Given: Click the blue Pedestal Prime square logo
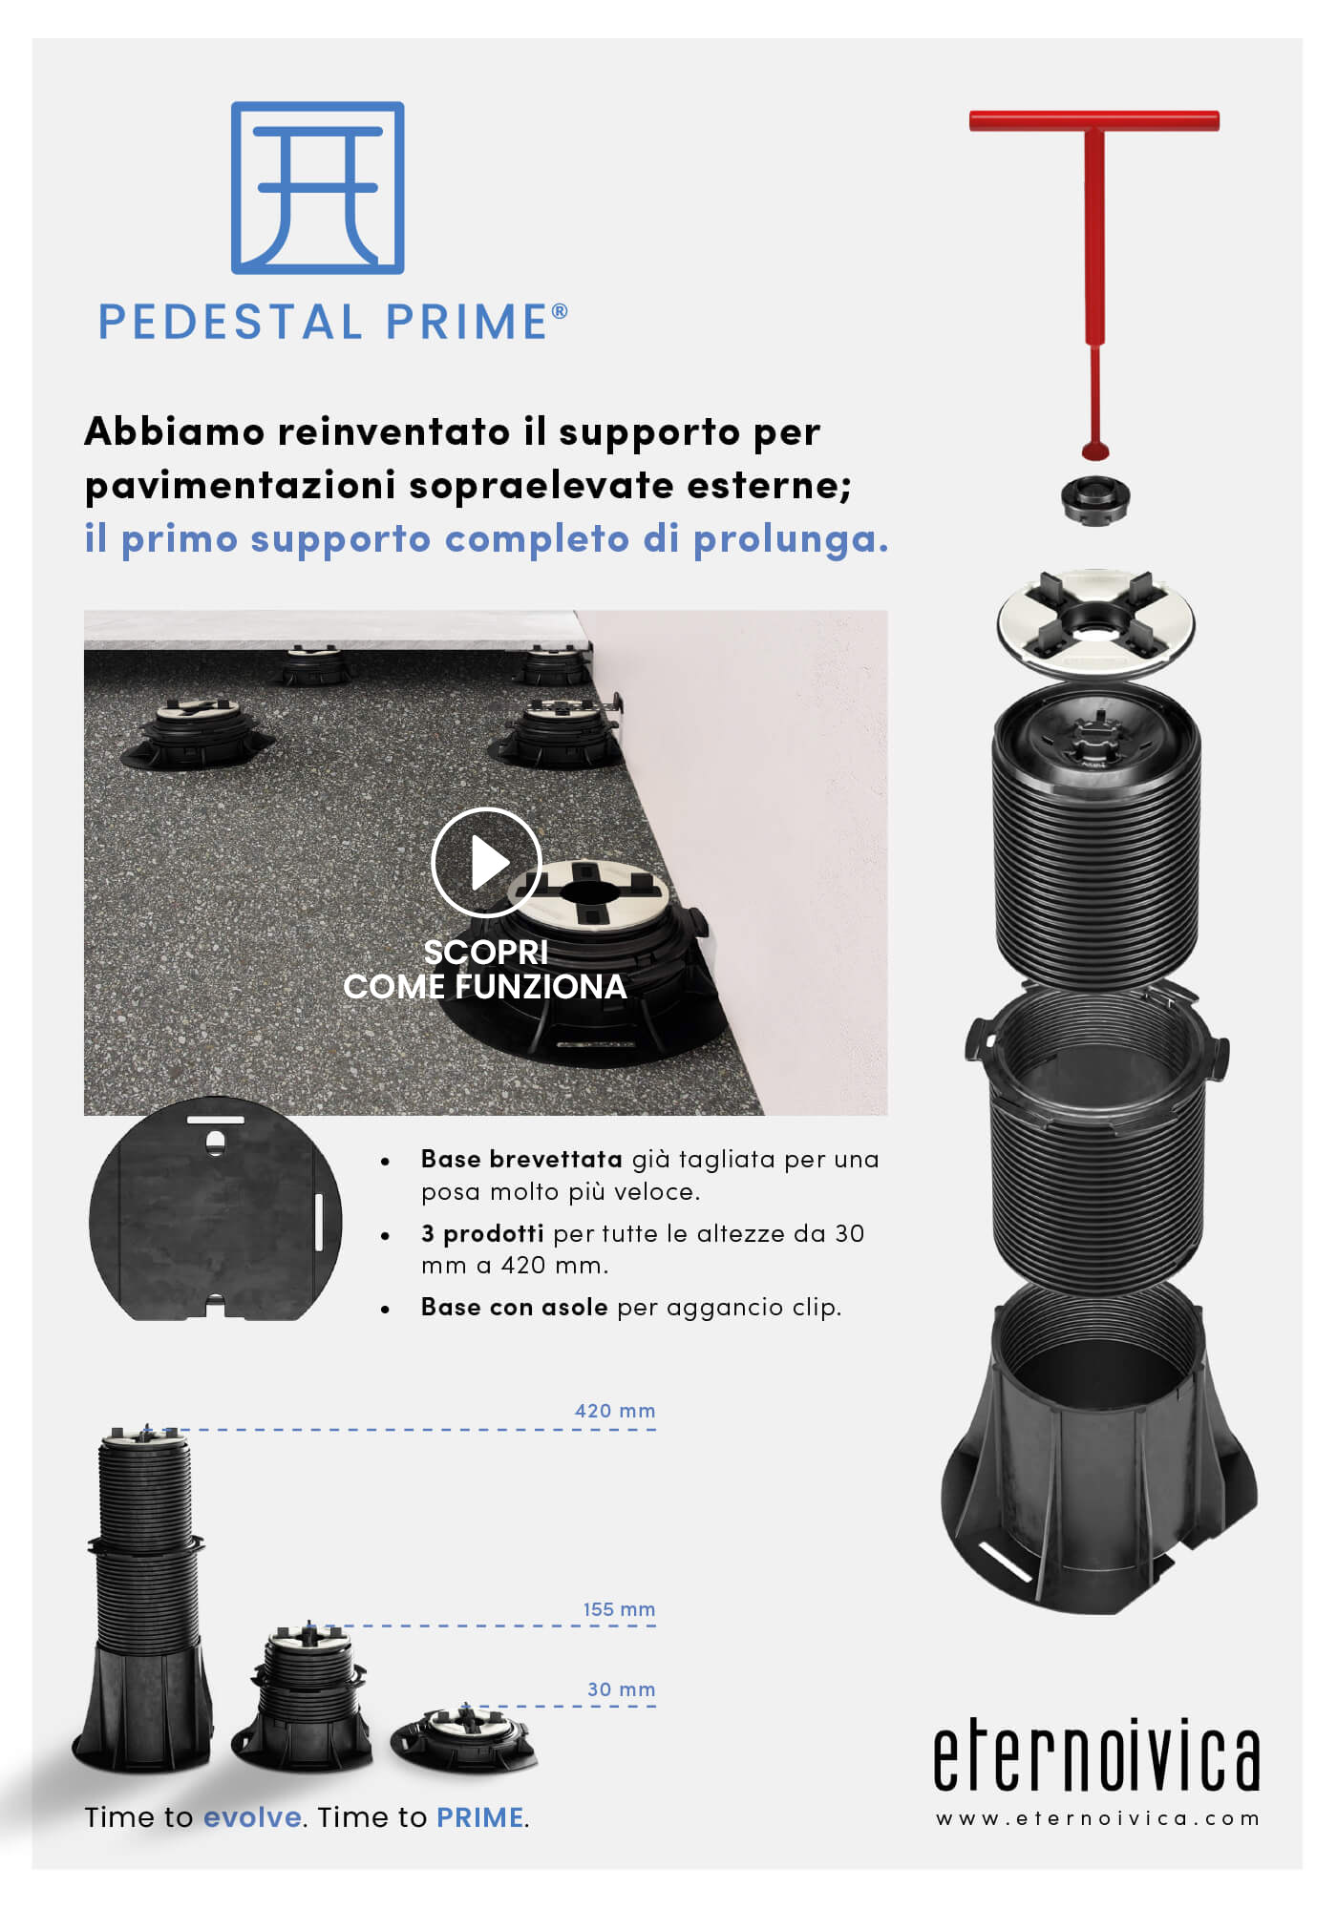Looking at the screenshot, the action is coord(318,188).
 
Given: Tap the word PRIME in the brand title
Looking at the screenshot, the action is coord(467,322).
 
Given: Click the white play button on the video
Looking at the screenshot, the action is coord(486,862).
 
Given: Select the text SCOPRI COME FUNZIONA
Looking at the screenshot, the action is coord(485,969).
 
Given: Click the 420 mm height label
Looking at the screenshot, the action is coord(615,1411).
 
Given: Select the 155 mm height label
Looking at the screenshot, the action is coord(619,1609).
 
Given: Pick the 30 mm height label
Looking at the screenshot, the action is coord(621,1689).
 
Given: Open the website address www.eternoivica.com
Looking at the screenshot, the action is coord(1097,1818).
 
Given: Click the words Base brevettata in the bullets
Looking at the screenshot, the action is coord(521,1159).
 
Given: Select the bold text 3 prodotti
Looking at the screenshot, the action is coord(482,1233).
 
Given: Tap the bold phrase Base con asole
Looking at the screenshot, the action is coord(515,1307).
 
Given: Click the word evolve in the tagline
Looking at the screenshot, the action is coord(253,1816).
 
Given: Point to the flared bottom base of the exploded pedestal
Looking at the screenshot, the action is coord(1098,1460).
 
